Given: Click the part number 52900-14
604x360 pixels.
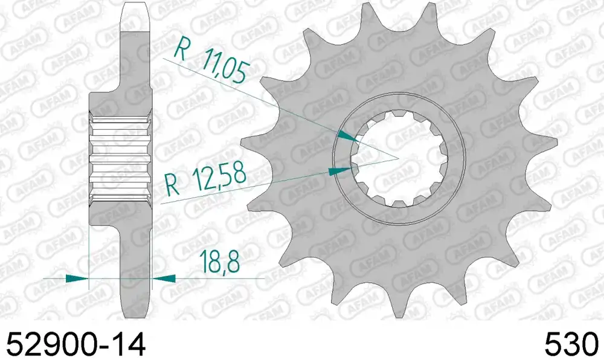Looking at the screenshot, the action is click(76, 344).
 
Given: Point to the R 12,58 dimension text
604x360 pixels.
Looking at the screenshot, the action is click(205, 179).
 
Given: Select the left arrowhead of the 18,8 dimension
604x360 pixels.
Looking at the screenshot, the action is click(77, 278).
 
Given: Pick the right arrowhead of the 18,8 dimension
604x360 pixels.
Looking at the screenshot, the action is click(164, 278).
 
